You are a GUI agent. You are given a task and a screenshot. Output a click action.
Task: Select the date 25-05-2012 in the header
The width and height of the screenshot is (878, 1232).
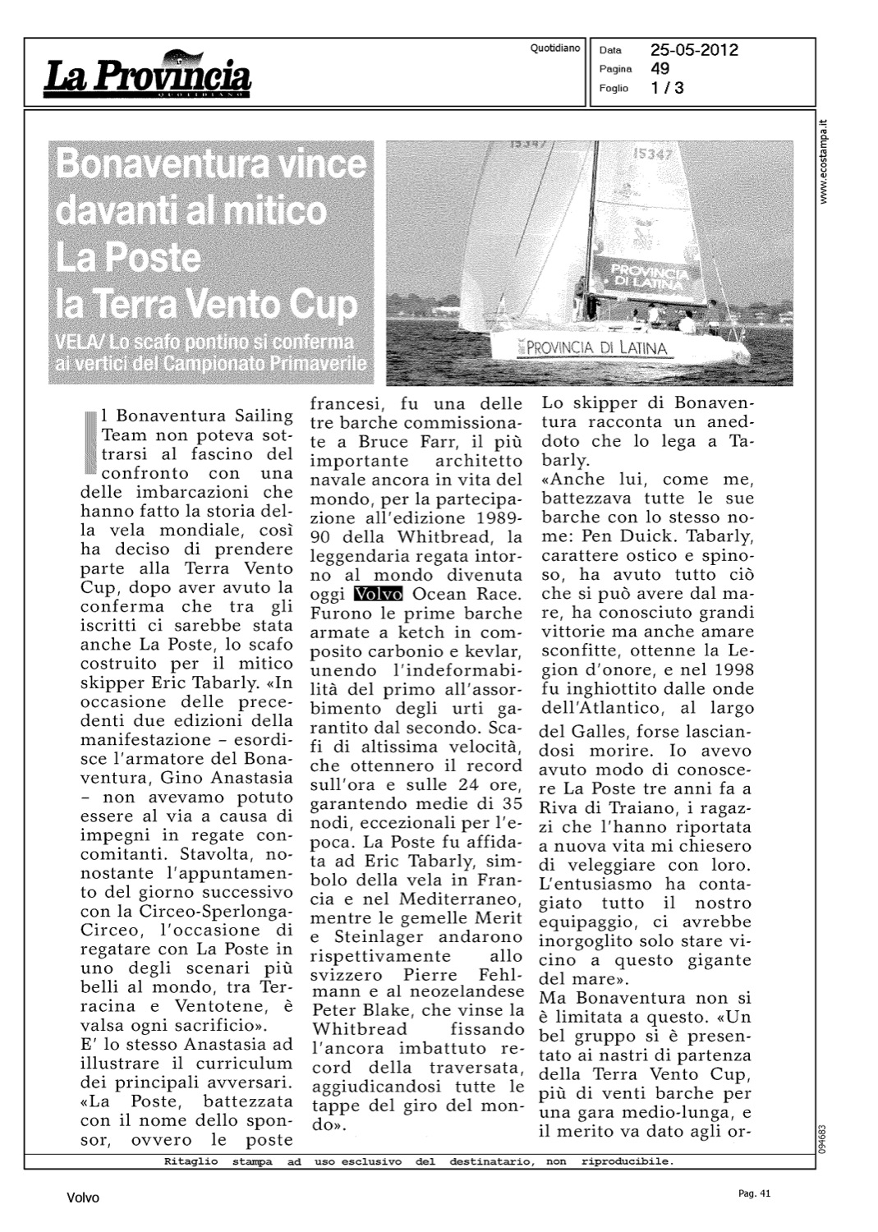click(x=694, y=50)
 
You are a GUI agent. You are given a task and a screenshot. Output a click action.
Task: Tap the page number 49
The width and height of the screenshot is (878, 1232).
click(x=660, y=69)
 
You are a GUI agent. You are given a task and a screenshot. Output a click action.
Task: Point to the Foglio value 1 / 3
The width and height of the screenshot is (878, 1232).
click(x=667, y=88)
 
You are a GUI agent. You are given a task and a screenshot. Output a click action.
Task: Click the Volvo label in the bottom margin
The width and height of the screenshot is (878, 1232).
click(x=83, y=1198)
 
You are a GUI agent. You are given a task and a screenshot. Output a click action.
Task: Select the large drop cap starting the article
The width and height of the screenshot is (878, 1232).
click(x=90, y=443)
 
